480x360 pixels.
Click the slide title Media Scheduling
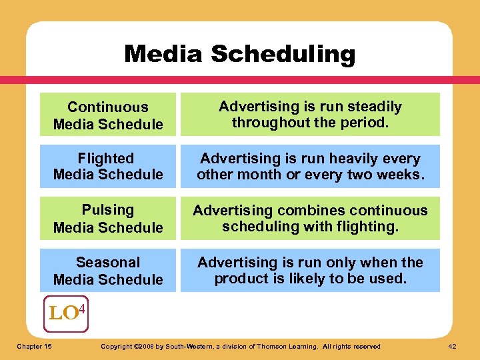(240, 54)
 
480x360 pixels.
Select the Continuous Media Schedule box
(108, 115)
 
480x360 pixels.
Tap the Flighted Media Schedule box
(108, 166)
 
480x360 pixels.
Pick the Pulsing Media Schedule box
(108, 218)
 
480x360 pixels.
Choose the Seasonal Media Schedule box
(108, 270)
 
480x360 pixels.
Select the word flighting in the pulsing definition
(365, 227)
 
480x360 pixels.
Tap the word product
(241, 278)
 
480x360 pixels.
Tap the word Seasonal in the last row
(108, 262)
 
